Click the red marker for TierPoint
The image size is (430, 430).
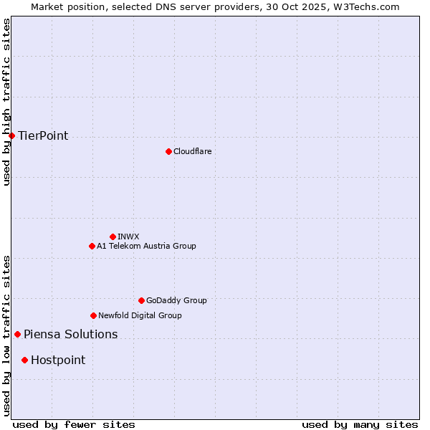coord(11,135)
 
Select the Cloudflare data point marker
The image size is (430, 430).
coord(168,151)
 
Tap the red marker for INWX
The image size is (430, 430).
coord(113,236)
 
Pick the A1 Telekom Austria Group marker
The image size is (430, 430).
coord(92,246)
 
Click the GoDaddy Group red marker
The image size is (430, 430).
coord(141,300)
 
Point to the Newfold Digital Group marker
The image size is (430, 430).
coord(93,315)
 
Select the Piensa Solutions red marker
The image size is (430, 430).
coord(17,334)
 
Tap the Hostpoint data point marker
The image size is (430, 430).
coord(24,360)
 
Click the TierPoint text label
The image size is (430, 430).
coord(43,136)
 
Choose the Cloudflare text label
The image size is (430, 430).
coord(193,151)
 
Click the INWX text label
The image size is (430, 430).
coord(129,236)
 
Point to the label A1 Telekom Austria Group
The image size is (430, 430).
coord(146,246)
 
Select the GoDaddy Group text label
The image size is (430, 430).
coord(176,300)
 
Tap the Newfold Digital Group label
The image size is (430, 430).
coord(140,315)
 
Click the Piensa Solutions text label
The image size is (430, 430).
coord(70,335)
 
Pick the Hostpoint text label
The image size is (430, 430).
coord(58,360)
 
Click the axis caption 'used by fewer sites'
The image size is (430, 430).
coord(74,424)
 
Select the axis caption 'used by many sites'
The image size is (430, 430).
coord(360,424)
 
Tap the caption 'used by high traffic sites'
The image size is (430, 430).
coord(7,102)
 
